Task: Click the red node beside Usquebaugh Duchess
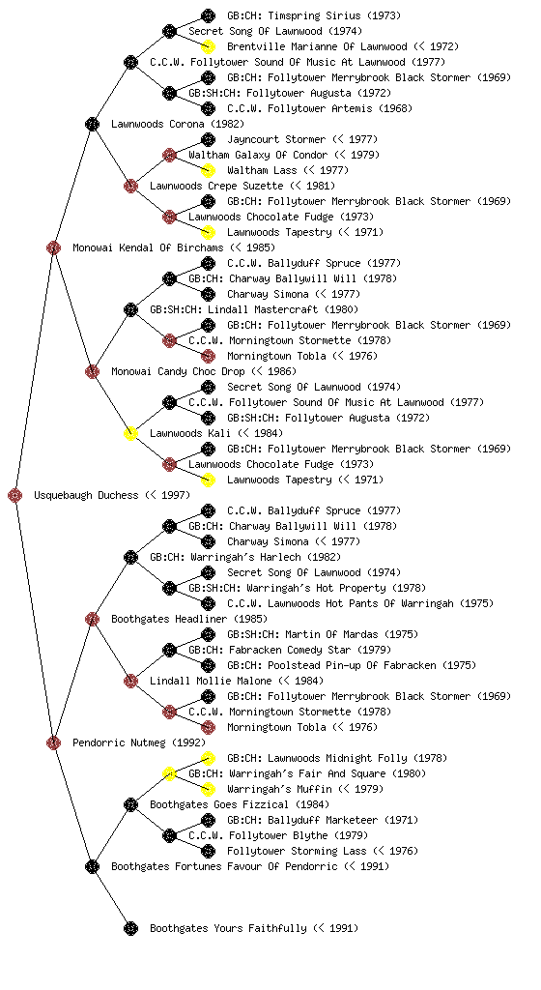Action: [15, 496]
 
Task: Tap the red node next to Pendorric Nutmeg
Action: [53, 743]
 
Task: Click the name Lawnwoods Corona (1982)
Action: [178, 125]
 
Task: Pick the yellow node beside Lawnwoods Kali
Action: [130, 434]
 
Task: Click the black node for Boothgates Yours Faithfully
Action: [130, 929]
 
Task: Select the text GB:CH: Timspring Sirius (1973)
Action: [314, 15]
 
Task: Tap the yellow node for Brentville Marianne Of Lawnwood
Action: [208, 46]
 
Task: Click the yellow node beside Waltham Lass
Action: [208, 170]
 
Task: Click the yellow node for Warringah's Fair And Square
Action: [169, 774]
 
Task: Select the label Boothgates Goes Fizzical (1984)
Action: [240, 805]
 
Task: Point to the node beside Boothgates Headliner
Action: [92, 620]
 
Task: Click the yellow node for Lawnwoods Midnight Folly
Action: [208, 758]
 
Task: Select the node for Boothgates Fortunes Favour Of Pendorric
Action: [92, 867]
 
